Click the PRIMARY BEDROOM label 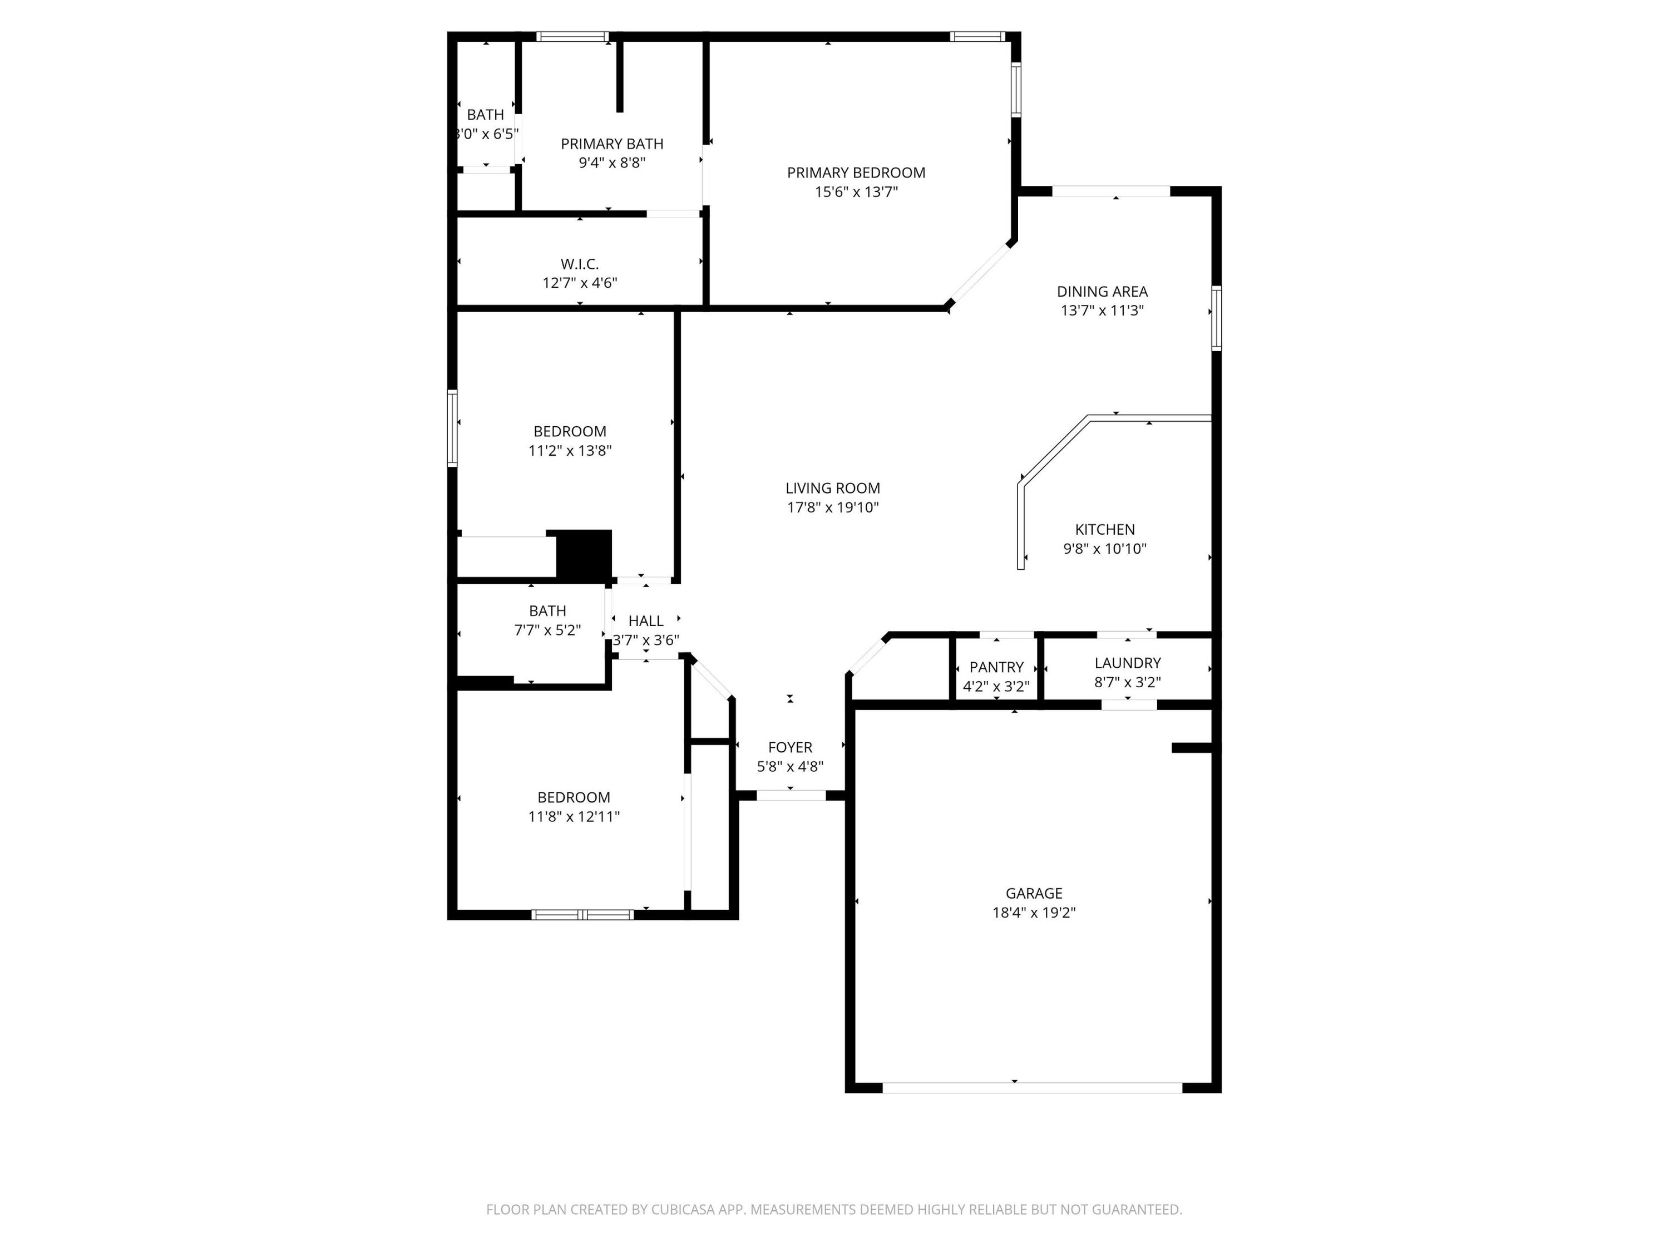coord(856,173)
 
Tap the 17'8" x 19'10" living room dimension coord(833,507)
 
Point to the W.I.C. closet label coord(580,264)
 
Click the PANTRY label coord(996,667)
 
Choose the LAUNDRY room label coord(1127,663)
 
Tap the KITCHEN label coord(1105,530)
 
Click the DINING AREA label coord(1102,292)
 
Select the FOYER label coord(790,747)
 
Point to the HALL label coord(646,620)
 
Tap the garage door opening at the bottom coord(1032,1087)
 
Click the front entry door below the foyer coord(791,795)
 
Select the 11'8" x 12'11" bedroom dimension coord(574,816)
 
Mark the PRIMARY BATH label coord(612,144)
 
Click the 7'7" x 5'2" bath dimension coord(547,630)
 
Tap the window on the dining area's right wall coord(1216,318)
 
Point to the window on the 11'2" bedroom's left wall coord(452,428)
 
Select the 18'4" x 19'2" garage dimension coord(1033,913)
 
